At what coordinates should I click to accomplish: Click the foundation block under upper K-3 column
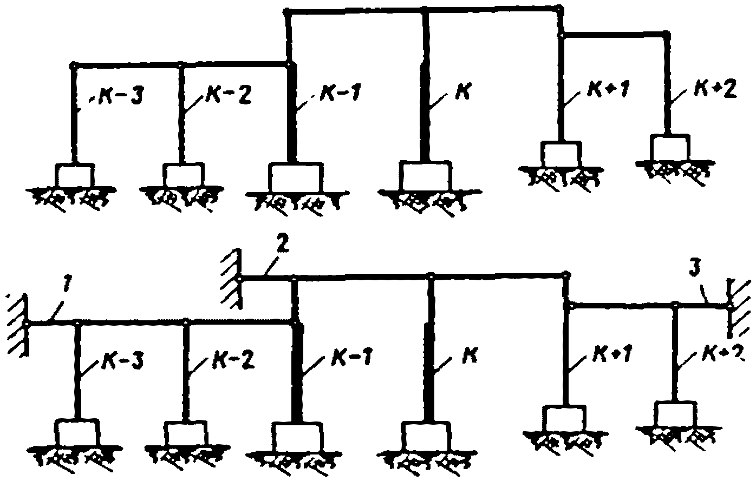pos(75,175)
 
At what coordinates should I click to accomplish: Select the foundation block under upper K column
pos(425,175)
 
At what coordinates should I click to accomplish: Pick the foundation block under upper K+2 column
pos(670,147)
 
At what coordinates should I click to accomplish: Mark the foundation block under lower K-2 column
pos(185,433)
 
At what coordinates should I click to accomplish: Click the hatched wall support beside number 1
pos(18,324)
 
